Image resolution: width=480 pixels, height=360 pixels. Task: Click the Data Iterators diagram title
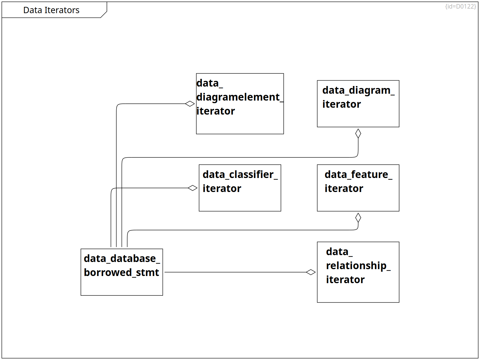[51, 10]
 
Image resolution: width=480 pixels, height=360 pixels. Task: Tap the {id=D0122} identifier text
[461, 7]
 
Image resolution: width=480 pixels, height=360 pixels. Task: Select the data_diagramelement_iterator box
[240, 104]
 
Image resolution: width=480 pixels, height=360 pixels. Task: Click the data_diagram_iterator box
[358, 104]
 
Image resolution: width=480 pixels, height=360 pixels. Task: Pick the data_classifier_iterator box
[240, 188]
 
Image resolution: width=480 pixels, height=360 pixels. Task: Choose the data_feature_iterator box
[358, 188]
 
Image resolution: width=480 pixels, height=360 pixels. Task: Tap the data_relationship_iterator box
[358, 272]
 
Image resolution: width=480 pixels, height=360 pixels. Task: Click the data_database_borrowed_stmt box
[122, 272]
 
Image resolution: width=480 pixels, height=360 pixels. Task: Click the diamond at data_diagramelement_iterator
[190, 104]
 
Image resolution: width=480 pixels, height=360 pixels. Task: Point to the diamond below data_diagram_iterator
[358, 133]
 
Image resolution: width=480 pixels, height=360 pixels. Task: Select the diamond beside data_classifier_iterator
[193, 188]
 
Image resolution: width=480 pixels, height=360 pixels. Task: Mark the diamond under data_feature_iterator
[358, 217]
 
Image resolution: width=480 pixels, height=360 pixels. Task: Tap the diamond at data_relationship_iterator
[311, 272]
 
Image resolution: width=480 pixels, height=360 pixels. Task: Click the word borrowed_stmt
[121, 272]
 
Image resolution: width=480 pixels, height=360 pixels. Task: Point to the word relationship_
[358, 266]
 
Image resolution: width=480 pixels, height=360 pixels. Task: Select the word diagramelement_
[240, 97]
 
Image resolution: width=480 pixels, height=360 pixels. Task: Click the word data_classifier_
[240, 175]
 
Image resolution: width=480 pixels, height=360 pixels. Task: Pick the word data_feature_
[358, 175]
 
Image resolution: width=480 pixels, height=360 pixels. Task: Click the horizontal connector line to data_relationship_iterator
[235, 272]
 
